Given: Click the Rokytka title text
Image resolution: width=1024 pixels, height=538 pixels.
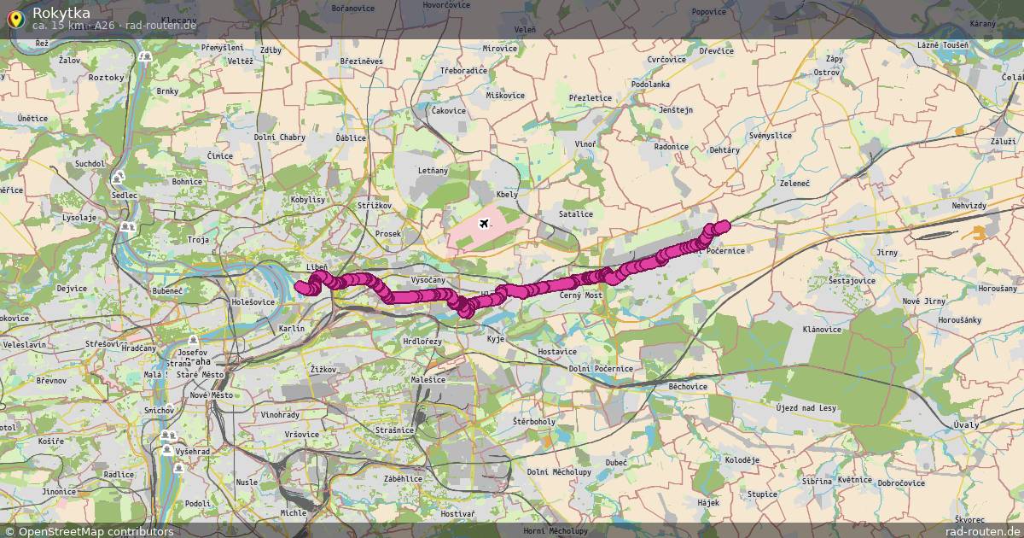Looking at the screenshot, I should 61,12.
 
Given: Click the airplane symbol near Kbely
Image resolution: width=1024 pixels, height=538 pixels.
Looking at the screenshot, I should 485,224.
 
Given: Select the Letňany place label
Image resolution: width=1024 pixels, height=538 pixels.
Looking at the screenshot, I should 433,171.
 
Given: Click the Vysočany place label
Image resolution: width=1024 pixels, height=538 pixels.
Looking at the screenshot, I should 428,280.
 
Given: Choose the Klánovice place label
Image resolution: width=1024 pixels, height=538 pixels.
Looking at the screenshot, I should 822,329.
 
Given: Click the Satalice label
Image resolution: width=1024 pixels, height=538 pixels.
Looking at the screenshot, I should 575,213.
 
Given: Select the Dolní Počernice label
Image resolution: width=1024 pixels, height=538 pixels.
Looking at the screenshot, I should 601,368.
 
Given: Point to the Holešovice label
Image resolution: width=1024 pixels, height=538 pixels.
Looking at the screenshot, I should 253,301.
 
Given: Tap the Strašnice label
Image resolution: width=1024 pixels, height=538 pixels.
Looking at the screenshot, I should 394,430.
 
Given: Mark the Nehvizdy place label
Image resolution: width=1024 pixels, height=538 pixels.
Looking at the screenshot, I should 969,207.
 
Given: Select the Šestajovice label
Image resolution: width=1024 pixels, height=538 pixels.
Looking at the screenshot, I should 852,280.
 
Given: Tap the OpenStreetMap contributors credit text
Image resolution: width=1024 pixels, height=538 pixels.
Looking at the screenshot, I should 89,531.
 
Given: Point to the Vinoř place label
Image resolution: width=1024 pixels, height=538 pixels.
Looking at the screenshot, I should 585,144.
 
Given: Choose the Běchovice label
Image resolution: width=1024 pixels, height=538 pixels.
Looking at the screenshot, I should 688,386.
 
